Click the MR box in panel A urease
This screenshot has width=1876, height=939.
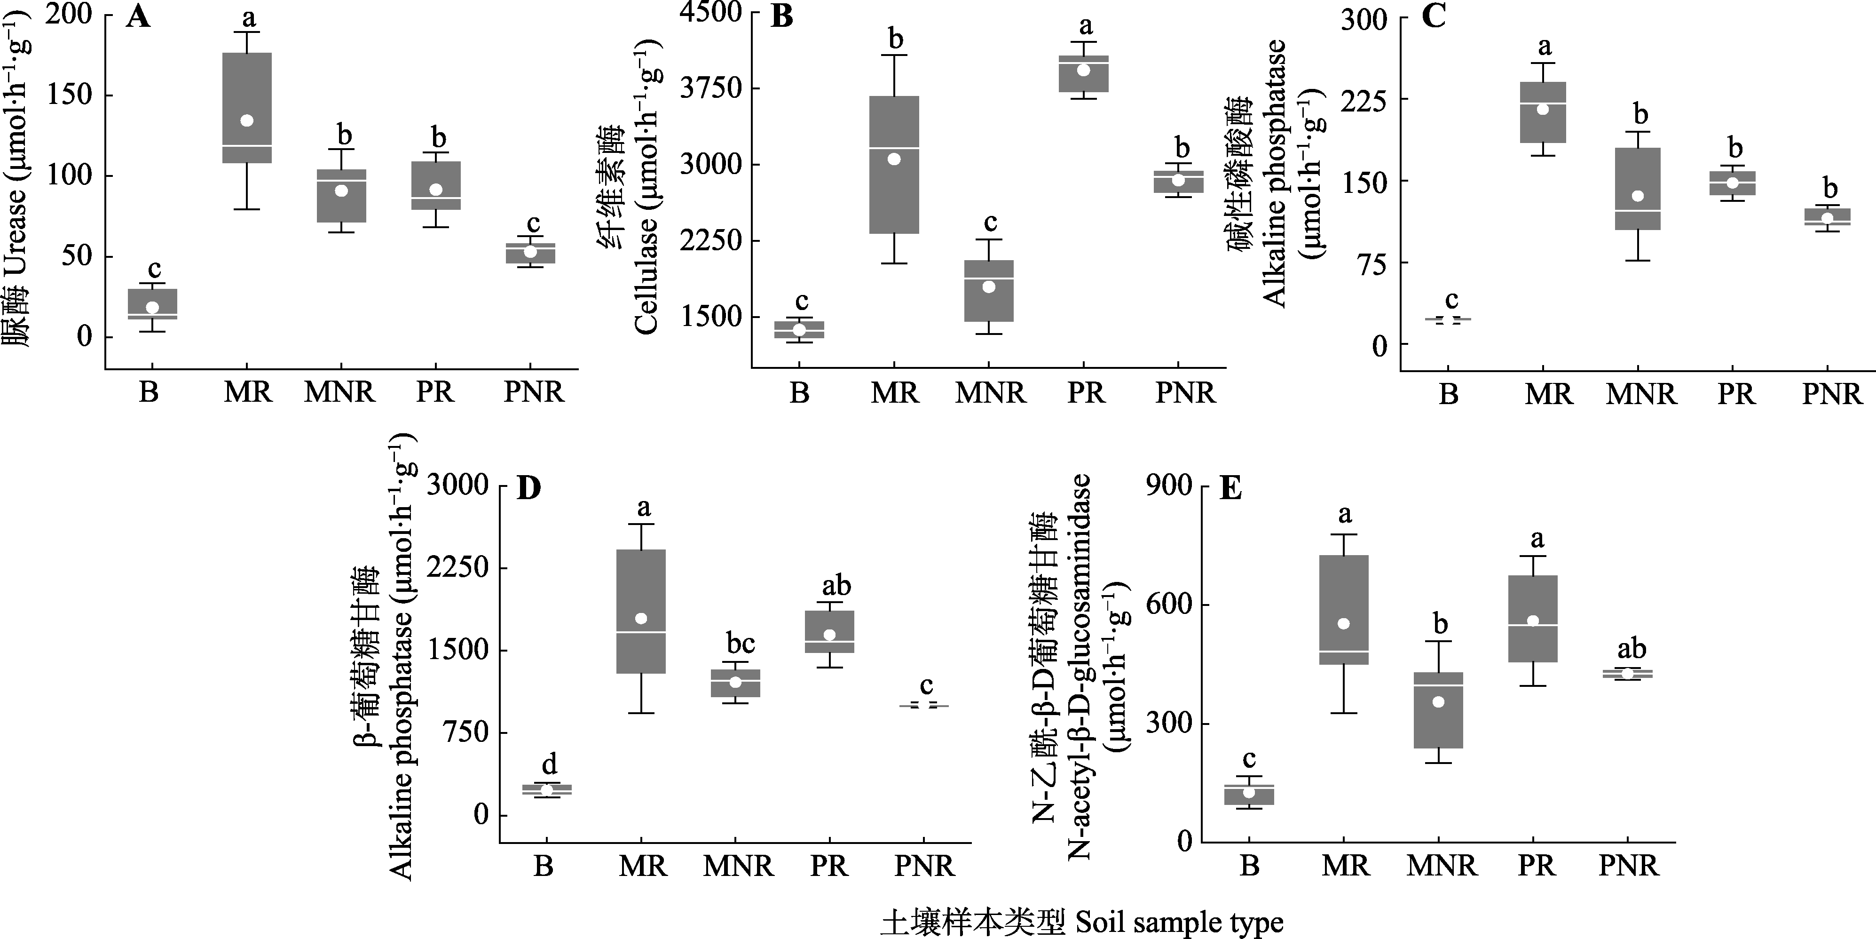[247, 107]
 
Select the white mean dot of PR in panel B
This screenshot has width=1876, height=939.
[1084, 70]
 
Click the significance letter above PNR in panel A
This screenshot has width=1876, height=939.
[534, 223]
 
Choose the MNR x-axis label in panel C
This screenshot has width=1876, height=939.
[1641, 394]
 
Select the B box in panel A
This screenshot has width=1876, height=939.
[152, 304]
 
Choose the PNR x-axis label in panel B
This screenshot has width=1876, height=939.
[1185, 393]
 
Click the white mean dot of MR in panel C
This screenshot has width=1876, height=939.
[1542, 109]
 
